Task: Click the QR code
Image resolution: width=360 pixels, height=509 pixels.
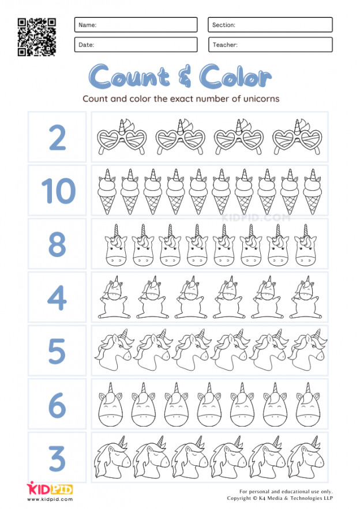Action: coord(37,37)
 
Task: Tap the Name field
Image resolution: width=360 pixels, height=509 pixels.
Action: coord(136,25)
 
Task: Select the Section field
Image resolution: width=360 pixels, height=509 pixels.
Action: coord(270,25)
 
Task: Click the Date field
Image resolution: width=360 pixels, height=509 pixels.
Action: coord(136,44)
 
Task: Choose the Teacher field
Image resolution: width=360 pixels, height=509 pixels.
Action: coord(270,44)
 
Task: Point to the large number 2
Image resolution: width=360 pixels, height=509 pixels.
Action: coord(57,137)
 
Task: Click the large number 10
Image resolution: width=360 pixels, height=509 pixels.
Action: coord(57,191)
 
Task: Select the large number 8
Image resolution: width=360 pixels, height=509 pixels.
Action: coord(57,244)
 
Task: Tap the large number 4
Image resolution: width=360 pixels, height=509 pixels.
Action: coord(57,297)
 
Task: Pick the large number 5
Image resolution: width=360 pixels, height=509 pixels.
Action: coord(57,351)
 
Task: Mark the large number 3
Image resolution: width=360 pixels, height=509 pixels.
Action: coord(57,458)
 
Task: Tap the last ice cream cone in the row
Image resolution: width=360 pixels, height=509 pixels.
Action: coord(312,191)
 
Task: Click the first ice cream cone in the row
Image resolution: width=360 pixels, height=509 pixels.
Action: coord(107,191)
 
